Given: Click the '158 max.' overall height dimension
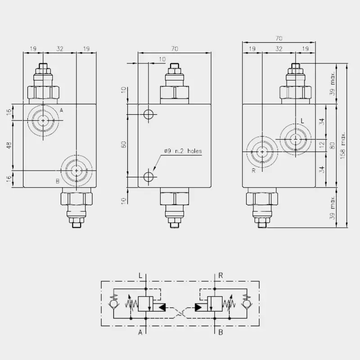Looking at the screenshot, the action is click(x=343, y=146).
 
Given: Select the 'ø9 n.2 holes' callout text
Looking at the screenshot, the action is click(x=183, y=151).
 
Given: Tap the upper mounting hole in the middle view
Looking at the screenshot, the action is click(x=148, y=114).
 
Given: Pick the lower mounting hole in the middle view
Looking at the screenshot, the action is click(x=148, y=177).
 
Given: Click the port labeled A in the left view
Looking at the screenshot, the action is click(x=43, y=120).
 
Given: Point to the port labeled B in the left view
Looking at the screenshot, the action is click(x=76, y=171).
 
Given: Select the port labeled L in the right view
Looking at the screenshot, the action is click(x=296, y=139).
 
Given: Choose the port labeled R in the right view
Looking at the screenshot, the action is click(x=262, y=152).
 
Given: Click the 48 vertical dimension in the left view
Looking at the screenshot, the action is click(x=9, y=145).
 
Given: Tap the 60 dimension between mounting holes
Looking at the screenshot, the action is click(x=124, y=144).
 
